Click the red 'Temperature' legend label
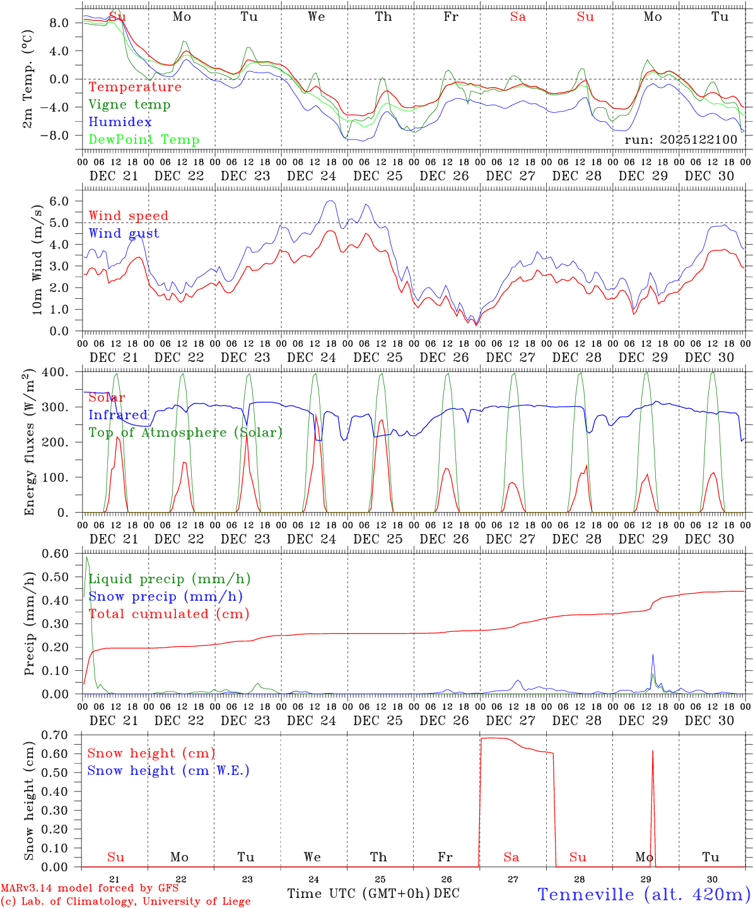tap(135, 87)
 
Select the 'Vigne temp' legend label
tap(129, 105)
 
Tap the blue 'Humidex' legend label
tap(120, 122)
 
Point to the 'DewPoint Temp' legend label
tap(144, 140)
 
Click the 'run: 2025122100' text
tap(680, 139)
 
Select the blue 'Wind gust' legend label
tap(124, 233)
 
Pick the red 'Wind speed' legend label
tap(129, 216)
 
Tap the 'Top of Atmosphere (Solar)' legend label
tap(185, 433)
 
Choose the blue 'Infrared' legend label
tap(118, 415)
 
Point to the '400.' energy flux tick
tap(55, 373)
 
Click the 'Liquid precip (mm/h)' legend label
tap(170, 579)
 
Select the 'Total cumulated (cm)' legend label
tap(169, 614)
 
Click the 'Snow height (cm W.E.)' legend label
tap(168, 771)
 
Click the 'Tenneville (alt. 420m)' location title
tap(643, 894)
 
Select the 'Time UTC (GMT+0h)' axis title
tap(359, 893)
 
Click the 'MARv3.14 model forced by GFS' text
tap(90, 888)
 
